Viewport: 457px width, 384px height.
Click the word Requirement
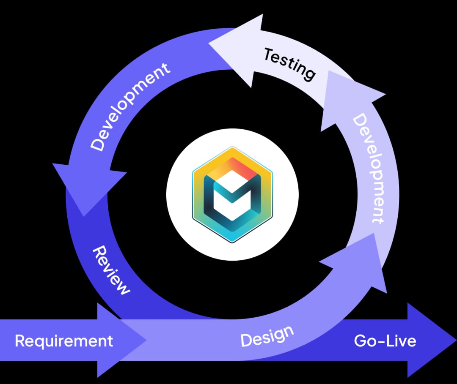point(64,340)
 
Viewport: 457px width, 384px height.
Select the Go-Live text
point(385,341)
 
